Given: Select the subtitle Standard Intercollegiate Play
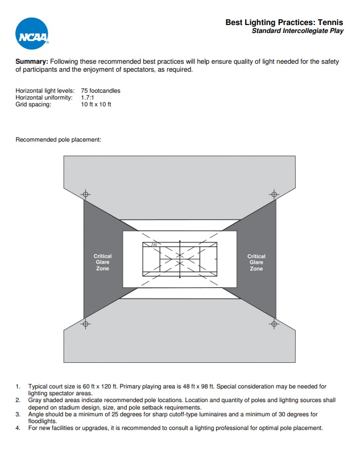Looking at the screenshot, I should click(x=297, y=31).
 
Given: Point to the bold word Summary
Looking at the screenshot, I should click(x=32, y=61).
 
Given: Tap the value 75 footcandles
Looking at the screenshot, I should click(x=101, y=90).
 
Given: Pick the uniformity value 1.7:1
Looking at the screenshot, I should click(x=88, y=97).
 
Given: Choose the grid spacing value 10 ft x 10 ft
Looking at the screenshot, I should click(x=96, y=104).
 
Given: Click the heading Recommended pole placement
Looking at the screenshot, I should click(x=58, y=139).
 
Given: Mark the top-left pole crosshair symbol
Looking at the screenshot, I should click(x=85, y=195).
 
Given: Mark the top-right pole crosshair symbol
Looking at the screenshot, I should click(x=274, y=195).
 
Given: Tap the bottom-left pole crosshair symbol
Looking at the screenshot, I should click(x=85, y=324).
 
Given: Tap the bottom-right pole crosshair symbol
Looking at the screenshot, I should click(x=274, y=324).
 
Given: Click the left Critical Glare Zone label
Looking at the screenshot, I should click(x=102, y=262).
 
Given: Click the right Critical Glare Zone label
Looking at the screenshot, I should click(x=256, y=262).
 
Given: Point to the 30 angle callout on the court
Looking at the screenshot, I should click(x=154, y=245).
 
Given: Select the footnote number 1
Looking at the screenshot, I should click(x=18, y=386).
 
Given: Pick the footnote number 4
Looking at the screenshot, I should click(x=18, y=428).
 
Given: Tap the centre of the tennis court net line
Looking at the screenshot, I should click(x=180, y=259).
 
